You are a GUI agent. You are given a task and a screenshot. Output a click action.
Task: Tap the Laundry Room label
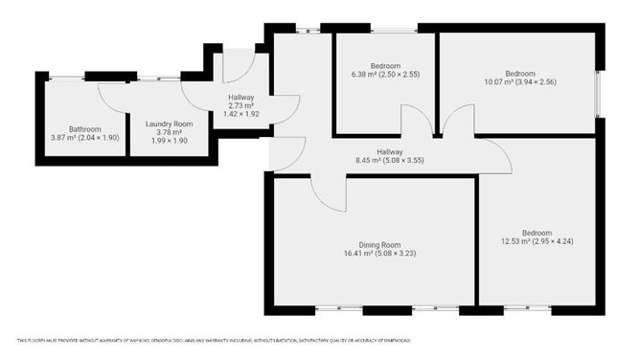point(170,124)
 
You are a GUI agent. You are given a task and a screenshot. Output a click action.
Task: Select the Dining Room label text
point(373,244)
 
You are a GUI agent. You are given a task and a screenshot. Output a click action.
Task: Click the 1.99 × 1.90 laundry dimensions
point(170,141)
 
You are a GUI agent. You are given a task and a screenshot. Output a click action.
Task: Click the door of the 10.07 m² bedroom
point(454,123)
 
